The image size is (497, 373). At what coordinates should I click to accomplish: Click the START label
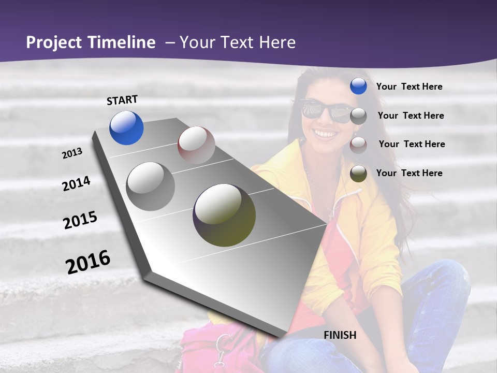[x=122, y=99]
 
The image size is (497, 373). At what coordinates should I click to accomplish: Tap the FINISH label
[x=340, y=335]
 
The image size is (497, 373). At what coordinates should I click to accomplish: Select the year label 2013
[x=72, y=153]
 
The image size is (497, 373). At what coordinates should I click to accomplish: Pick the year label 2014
[x=76, y=183]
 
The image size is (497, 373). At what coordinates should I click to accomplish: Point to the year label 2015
[x=80, y=220]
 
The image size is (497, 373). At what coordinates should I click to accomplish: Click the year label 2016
[x=88, y=262]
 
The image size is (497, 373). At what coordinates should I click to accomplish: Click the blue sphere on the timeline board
[x=126, y=127]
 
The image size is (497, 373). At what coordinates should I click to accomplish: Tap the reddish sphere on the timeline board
[x=196, y=145]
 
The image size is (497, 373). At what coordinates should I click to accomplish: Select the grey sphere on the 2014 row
[x=151, y=187]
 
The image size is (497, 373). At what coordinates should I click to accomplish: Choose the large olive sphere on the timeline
[x=224, y=215]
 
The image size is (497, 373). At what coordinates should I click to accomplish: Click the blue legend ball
[x=358, y=87]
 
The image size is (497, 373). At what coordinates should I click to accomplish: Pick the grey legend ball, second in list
[x=358, y=116]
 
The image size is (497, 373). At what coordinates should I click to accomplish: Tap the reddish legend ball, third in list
[x=358, y=145]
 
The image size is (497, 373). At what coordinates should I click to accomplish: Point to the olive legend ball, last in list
[x=358, y=174]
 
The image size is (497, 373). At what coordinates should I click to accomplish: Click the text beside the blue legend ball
[x=409, y=87]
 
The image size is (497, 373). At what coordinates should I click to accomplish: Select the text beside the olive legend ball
[x=409, y=173]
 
